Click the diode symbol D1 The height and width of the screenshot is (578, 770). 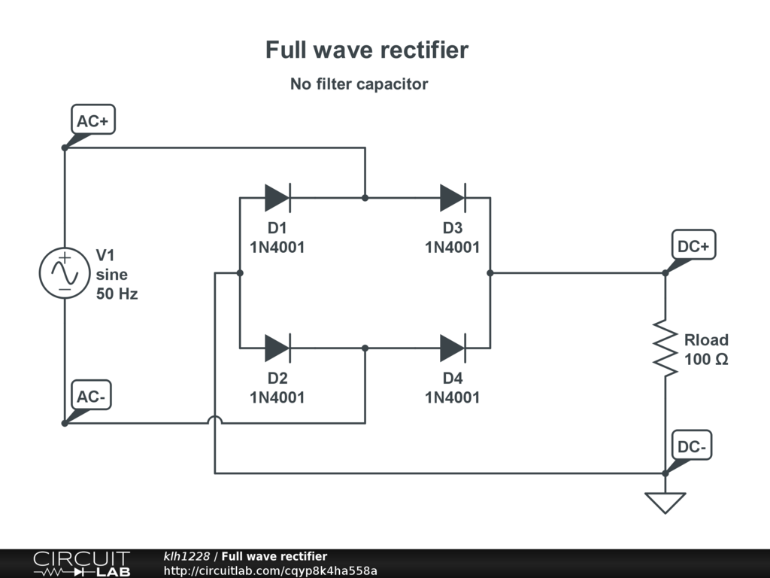click(x=277, y=198)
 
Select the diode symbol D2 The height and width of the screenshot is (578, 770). click(x=277, y=348)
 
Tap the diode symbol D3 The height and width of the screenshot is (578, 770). click(x=453, y=198)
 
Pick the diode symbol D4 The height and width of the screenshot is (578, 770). click(x=453, y=348)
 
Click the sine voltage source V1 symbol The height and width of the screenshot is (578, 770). click(x=65, y=273)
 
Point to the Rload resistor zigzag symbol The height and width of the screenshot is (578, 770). click(x=665, y=348)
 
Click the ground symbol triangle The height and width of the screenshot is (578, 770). click(x=665, y=502)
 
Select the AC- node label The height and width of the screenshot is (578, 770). click(x=91, y=396)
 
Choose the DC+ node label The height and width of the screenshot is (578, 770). click(x=693, y=245)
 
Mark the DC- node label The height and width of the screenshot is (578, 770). click(x=691, y=446)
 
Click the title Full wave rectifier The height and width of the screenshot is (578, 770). click(x=367, y=50)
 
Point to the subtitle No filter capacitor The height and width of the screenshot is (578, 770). click(x=359, y=84)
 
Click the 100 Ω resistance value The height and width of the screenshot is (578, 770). click(x=706, y=360)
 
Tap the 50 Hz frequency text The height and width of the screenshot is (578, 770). click(x=117, y=294)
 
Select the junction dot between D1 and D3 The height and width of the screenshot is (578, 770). click(x=365, y=198)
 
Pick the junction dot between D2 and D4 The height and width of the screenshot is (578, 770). click(x=365, y=348)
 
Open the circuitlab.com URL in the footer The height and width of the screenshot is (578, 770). click(x=270, y=570)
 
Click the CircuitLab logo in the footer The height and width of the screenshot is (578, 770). click(x=81, y=564)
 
